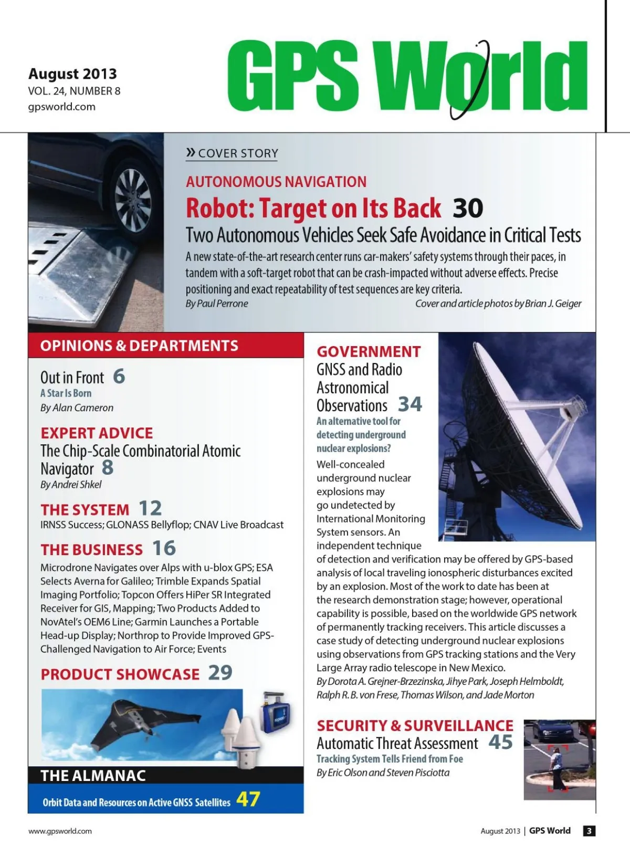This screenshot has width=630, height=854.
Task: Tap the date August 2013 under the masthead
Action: [72, 74]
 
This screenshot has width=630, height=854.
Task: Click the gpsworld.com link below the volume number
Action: [61, 107]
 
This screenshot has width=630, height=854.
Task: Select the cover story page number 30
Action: [467, 209]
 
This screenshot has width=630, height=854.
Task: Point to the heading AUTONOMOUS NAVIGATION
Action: [276, 182]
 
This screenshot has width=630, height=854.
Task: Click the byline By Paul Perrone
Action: [217, 304]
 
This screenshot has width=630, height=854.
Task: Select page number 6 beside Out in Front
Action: [119, 376]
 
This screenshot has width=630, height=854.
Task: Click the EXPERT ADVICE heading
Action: [97, 433]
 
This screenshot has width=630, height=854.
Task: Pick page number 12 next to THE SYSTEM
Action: [150, 508]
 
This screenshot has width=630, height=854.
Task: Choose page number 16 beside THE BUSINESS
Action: [164, 548]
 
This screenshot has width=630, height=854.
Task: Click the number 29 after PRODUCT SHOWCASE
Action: [220, 673]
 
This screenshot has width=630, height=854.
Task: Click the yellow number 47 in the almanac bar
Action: [248, 799]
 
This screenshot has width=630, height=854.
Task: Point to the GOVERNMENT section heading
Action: [369, 351]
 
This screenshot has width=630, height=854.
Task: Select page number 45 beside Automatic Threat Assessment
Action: [500, 742]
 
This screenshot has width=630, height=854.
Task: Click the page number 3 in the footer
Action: [589, 831]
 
